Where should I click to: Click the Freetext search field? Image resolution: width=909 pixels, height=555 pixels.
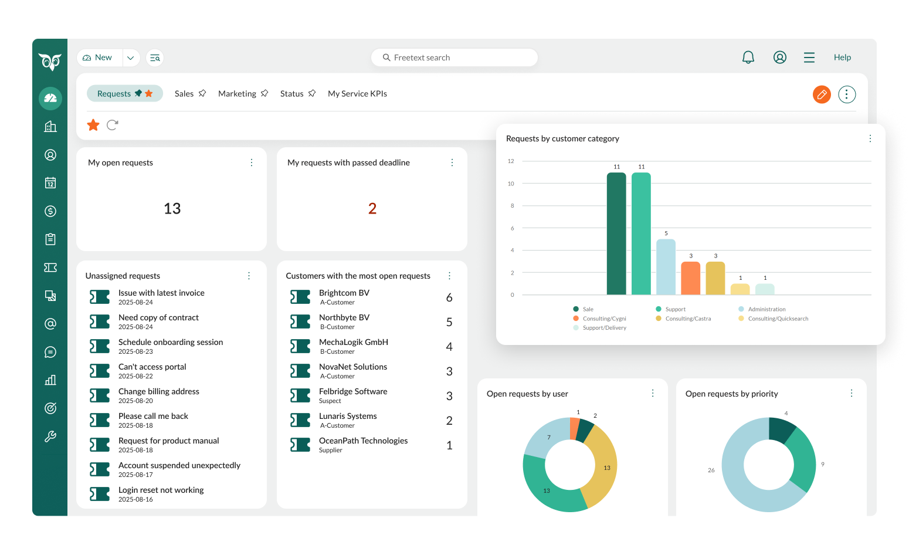[454, 57]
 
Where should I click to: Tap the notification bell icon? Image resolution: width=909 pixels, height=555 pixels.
[748, 57]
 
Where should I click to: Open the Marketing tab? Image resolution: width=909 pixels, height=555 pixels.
[237, 94]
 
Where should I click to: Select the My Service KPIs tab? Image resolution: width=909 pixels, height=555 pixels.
[357, 94]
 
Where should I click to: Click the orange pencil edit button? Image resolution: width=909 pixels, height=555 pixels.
[822, 94]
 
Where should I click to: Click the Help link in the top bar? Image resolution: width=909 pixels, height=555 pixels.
[842, 57]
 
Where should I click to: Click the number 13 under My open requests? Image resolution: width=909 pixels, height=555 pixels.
[172, 209]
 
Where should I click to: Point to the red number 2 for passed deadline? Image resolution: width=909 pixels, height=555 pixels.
[372, 209]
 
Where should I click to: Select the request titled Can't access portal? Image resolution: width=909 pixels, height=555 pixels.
[152, 367]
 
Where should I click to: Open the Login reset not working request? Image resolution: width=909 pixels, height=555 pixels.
[161, 490]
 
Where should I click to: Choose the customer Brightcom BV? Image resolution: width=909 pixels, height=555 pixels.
[344, 293]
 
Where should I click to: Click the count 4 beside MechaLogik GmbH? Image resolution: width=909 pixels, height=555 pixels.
[449, 347]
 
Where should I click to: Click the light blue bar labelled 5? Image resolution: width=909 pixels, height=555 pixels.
[666, 267]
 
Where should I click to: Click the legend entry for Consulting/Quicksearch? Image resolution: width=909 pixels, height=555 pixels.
[778, 319]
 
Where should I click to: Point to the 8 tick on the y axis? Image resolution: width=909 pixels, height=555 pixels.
[512, 206]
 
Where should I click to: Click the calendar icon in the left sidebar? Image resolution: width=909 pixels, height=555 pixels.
[50, 183]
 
